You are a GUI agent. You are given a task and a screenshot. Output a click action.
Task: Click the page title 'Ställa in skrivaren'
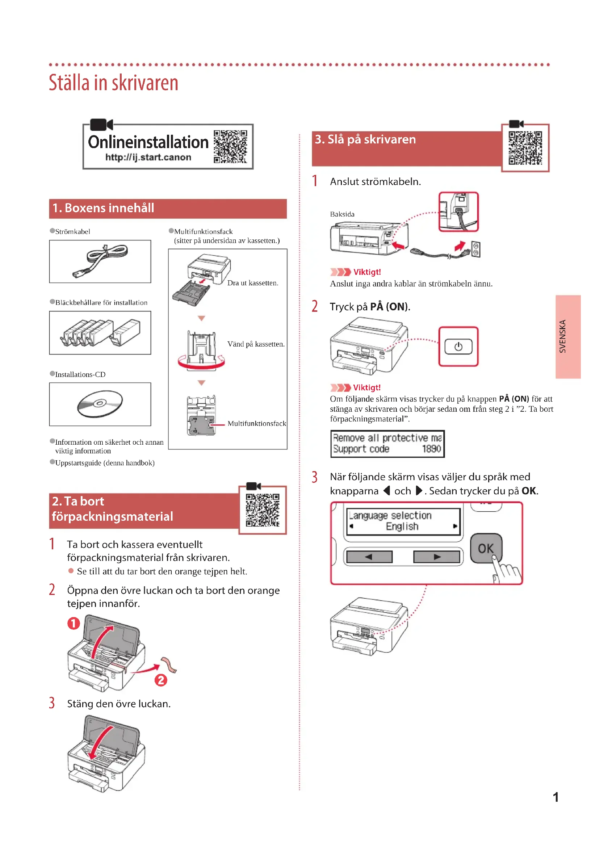(x=114, y=83)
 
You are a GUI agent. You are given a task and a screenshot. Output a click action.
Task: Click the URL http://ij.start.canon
(x=148, y=157)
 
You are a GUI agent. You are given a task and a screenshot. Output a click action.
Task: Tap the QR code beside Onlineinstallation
(x=230, y=146)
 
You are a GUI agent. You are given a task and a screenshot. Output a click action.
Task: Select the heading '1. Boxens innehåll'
(x=103, y=208)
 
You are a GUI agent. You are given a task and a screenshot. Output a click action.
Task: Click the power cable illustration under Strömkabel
(x=100, y=260)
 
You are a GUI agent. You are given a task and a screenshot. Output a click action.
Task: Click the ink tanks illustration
(x=100, y=332)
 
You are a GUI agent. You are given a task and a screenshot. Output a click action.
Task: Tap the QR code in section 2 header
(x=263, y=510)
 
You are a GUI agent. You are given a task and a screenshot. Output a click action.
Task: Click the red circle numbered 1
(x=74, y=624)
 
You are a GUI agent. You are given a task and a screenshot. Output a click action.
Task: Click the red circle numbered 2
(x=161, y=680)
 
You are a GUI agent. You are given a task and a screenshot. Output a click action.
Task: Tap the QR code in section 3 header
(x=525, y=148)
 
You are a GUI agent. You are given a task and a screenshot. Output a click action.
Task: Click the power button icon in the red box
(x=458, y=347)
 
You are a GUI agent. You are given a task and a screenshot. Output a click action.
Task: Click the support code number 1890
(x=431, y=449)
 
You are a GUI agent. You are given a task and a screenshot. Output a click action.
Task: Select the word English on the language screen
(x=402, y=527)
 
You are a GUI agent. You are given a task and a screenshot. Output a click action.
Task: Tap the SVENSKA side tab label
(x=562, y=336)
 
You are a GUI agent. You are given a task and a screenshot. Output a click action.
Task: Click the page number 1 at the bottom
(x=556, y=797)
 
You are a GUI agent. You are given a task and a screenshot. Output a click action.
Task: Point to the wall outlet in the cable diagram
(x=476, y=250)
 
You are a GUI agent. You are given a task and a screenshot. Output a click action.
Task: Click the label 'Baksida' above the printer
(x=342, y=214)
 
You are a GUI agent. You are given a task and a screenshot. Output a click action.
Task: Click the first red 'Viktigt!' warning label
(x=366, y=272)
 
